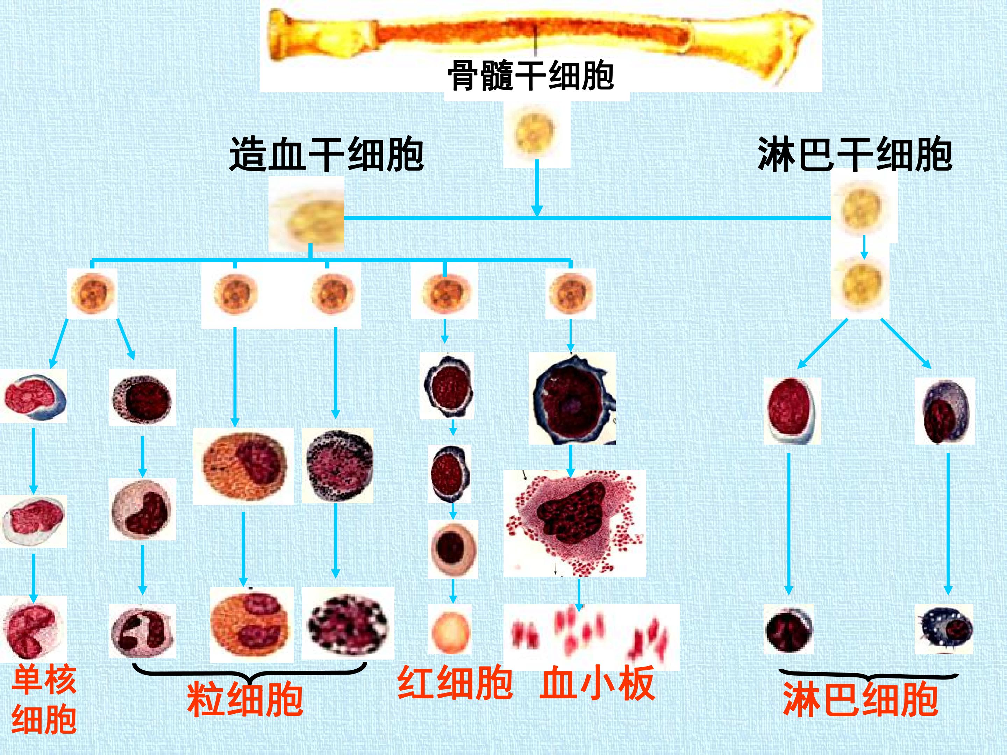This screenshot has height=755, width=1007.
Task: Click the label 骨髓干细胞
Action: tap(531, 75)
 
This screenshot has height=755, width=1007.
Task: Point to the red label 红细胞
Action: tap(455, 682)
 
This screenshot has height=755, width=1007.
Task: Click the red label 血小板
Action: tap(597, 682)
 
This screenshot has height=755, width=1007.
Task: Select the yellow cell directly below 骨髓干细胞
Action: tap(537, 134)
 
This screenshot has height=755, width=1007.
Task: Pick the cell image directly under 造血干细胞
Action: tap(306, 214)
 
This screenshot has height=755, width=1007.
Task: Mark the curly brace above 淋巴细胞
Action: tap(868, 675)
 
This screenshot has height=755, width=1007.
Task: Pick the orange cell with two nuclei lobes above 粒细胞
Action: tap(252, 624)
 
